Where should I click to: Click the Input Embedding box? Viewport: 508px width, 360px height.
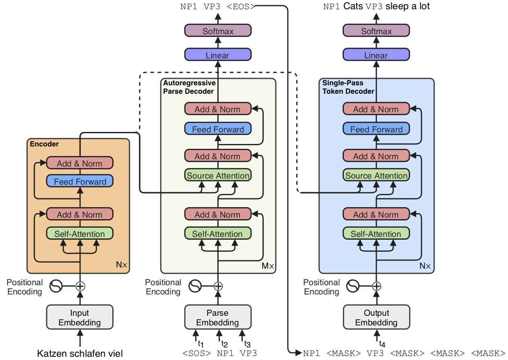[x=80, y=317]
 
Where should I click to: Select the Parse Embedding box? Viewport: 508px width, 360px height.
[x=218, y=317]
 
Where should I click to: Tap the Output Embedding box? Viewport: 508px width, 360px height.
[x=376, y=317]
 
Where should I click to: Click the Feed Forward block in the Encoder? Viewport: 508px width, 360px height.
[x=80, y=181]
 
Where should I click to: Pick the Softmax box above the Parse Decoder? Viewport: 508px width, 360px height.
[x=218, y=31]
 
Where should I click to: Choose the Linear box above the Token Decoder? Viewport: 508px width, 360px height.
[x=376, y=55]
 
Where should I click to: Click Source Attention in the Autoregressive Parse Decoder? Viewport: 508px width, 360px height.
[x=218, y=175]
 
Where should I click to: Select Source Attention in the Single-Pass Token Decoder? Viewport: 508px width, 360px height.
[x=376, y=175]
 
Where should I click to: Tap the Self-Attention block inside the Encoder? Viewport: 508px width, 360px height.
[x=80, y=234]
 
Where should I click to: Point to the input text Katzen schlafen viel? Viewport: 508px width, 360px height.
[x=80, y=354]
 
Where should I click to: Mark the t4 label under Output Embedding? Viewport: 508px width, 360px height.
[x=382, y=344]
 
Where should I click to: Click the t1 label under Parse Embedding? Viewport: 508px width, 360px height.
[x=200, y=344]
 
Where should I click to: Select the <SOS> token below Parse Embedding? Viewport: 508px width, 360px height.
[x=196, y=354]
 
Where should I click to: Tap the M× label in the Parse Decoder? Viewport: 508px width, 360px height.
[x=268, y=265]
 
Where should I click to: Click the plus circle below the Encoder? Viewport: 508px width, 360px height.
[x=81, y=286]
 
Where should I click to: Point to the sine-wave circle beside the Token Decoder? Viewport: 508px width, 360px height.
[x=353, y=286]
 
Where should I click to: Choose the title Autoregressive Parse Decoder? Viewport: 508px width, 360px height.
[x=189, y=87]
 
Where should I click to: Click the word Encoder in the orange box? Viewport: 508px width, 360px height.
[x=44, y=144]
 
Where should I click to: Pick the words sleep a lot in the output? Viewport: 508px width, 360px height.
[x=407, y=6]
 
